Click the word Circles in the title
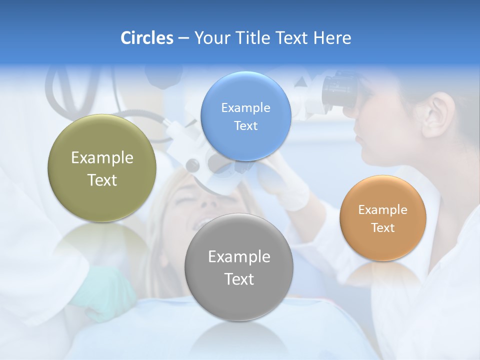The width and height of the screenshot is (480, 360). (x=146, y=38)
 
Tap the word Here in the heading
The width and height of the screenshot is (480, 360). (x=332, y=38)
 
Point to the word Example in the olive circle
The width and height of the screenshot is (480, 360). (x=102, y=158)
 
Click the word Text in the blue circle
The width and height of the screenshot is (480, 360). (x=245, y=125)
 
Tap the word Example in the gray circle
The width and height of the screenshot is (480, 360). (x=239, y=257)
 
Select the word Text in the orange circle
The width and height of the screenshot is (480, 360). (x=383, y=228)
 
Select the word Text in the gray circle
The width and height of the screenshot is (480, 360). (x=239, y=279)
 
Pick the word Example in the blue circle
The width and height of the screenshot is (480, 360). (x=245, y=107)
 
